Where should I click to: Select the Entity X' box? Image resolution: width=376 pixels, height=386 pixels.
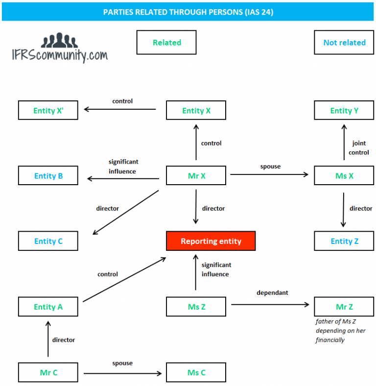48,110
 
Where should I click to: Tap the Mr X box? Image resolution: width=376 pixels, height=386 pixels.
196,176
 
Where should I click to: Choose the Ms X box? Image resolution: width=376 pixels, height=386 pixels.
344,176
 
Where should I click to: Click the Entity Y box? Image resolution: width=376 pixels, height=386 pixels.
344,110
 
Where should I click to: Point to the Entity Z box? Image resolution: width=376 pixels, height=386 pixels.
344,241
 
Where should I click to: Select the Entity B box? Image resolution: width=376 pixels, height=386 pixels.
48,176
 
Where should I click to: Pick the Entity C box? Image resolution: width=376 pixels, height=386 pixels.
48,241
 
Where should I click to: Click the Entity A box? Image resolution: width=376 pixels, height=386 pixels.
48,307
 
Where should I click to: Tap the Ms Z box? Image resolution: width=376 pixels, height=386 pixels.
196,307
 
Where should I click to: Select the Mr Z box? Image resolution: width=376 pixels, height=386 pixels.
344,307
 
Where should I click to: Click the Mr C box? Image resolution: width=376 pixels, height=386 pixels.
48,372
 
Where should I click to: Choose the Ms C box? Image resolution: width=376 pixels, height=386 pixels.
196,372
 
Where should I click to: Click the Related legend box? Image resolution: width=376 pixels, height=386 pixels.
166,43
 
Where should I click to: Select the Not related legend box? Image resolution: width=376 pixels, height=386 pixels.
344,43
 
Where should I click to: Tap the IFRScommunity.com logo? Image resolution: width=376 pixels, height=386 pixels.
60,49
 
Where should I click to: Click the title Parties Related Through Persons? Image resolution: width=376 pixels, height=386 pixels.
188,12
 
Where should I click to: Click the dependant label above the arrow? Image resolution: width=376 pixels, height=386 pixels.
272,292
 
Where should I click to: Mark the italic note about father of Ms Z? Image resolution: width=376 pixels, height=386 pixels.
340,331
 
